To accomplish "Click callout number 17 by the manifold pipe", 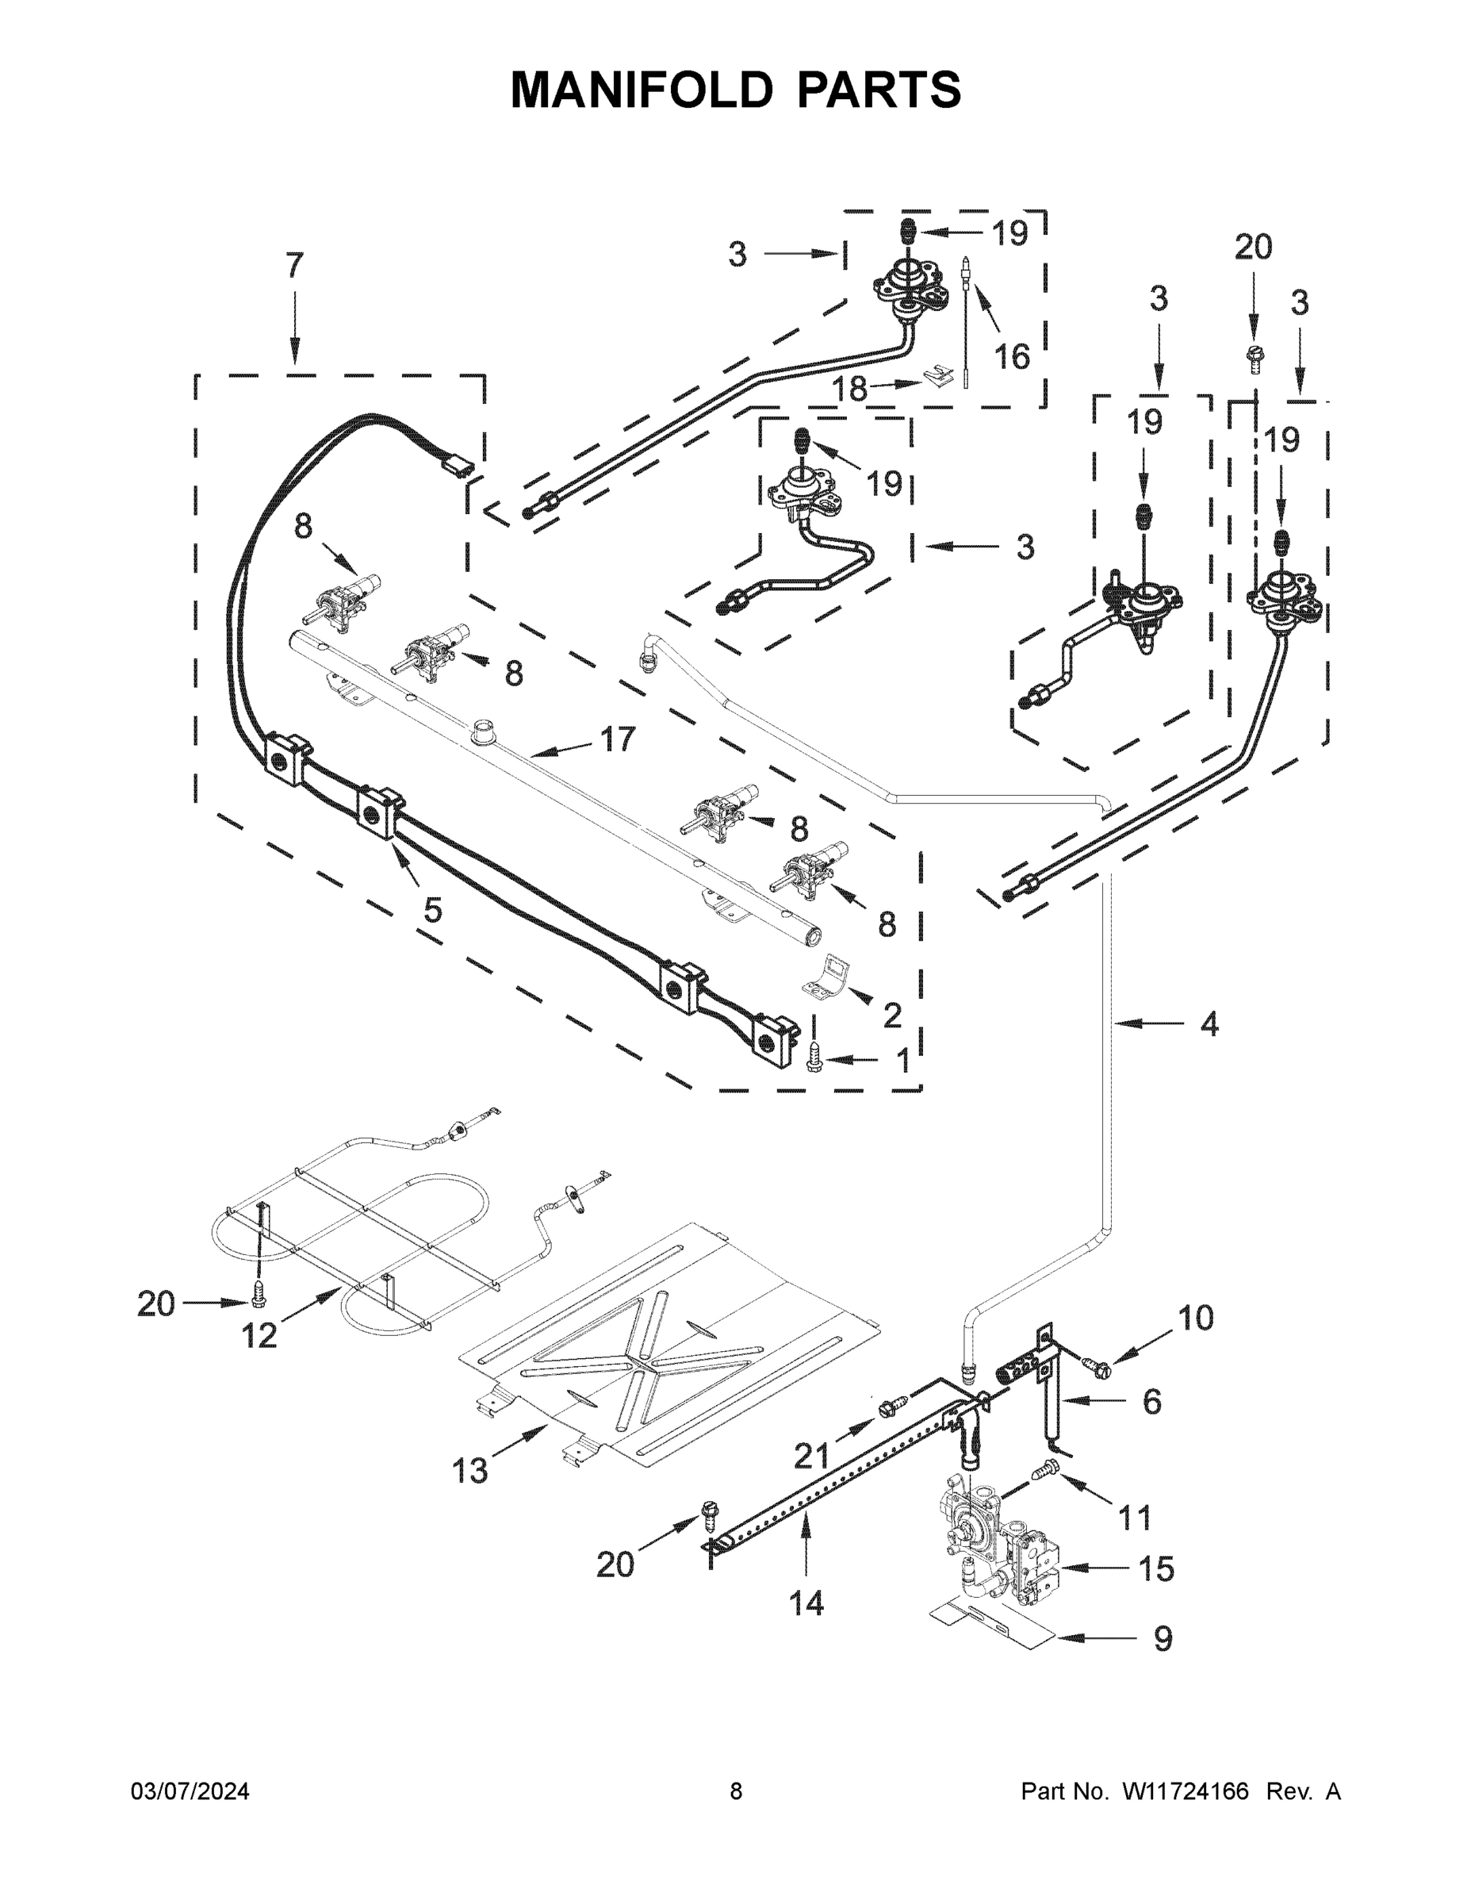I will [x=618, y=739].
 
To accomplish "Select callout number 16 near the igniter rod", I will [x=1013, y=355].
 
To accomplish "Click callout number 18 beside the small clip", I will [x=849, y=389].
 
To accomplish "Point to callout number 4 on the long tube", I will [x=1209, y=1024].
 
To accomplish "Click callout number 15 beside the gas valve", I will [x=1156, y=1569].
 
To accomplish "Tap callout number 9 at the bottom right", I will [x=1163, y=1639].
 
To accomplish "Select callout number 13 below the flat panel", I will [x=469, y=1471].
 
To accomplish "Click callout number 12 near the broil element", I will [x=259, y=1334].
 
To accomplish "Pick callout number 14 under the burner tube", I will [x=806, y=1603].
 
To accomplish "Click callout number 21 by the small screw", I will [x=811, y=1455].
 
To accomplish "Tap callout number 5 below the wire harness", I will [x=432, y=909].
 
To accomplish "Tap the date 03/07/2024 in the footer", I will [x=190, y=1791].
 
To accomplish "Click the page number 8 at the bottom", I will [x=736, y=1791].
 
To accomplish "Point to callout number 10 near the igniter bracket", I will [x=1196, y=1319].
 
